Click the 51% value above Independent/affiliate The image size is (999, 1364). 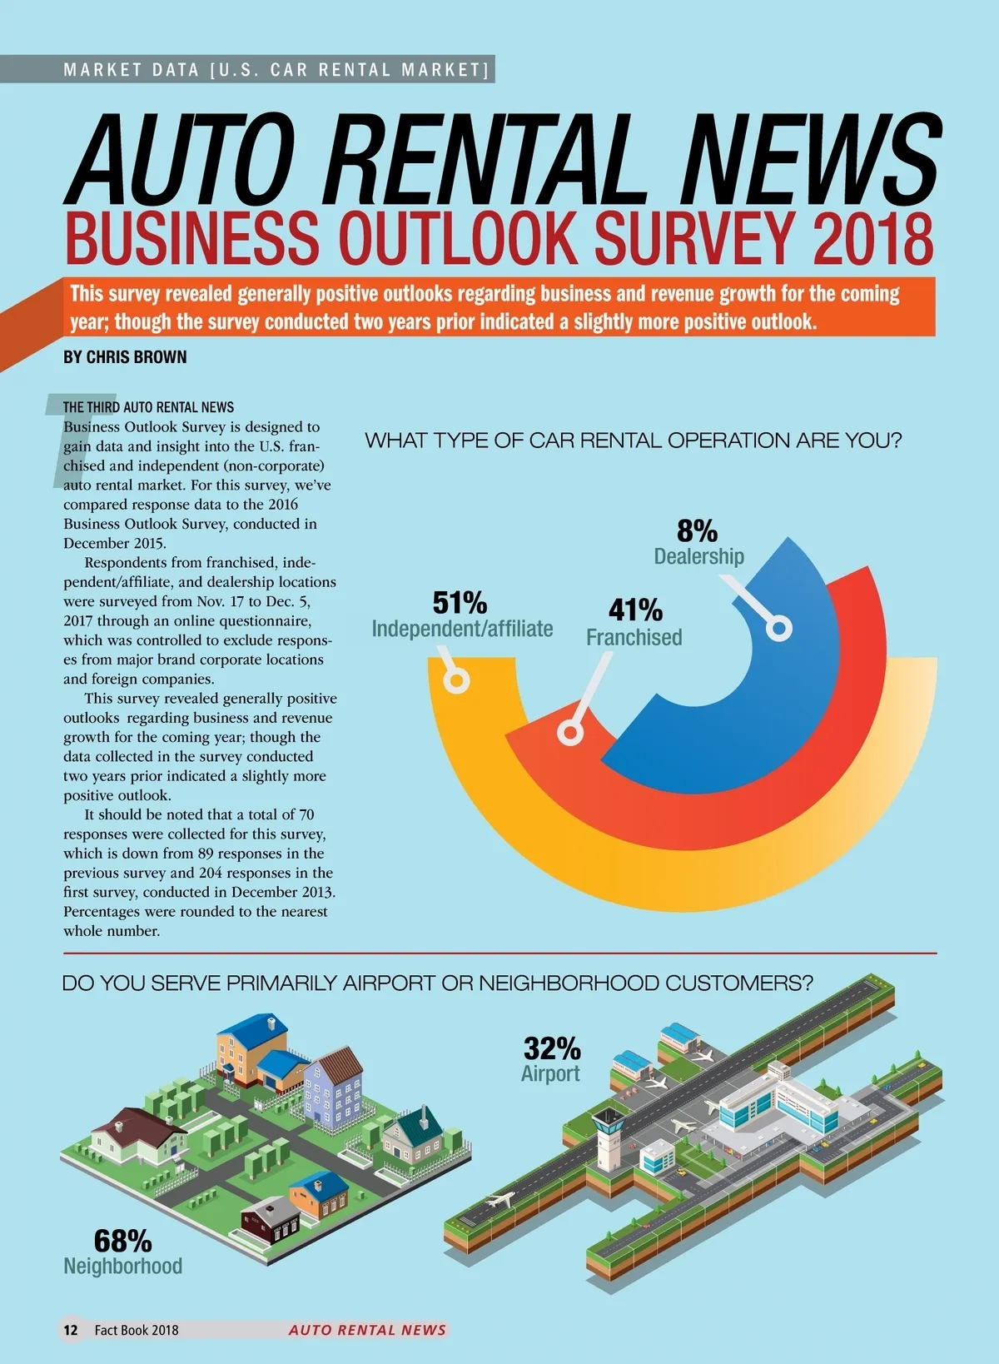(x=460, y=602)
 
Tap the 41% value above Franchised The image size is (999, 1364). (x=635, y=610)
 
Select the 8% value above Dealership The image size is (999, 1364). (x=697, y=531)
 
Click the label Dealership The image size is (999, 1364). (x=698, y=556)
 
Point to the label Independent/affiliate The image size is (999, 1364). (x=462, y=629)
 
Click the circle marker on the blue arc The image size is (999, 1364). (x=779, y=628)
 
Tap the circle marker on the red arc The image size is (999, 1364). (x=570, y=733)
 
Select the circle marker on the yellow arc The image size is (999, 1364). (x=456, y=681)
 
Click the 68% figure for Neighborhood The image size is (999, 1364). (x=122, y=1241)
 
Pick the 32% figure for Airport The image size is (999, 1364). (x=552, y=1048)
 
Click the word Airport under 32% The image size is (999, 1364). (x=550, y=1073)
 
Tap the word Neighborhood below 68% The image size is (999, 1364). (x=123, y=1266)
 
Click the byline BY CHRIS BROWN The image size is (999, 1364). (x=125, y=357)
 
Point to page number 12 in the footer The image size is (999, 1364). (x=71, y=1330)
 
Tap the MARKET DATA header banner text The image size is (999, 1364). (x=276, y=70)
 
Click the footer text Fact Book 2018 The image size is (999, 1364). (x=137, y=1330)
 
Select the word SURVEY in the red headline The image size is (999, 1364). (x=693, y=238)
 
